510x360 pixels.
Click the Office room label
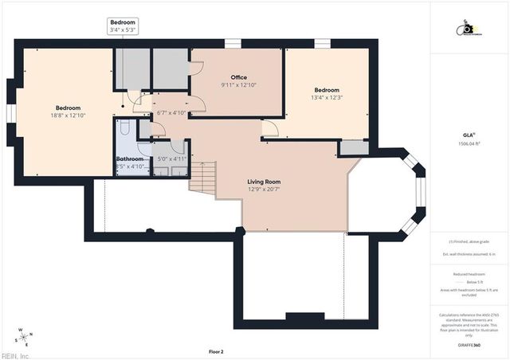coord(238,77)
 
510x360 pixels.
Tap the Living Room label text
coord(263,182)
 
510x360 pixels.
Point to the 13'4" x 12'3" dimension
coord(326,97)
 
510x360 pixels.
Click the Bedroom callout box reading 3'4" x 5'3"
coord(123,26)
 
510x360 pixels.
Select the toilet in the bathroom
coord(124,128)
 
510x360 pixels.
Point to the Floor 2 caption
coord(216,351)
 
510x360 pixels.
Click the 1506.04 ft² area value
coord(469,144)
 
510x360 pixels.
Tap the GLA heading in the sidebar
coord(469,136)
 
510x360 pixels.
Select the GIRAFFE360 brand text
coord(469,345)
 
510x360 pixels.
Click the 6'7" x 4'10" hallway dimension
coord(171,112)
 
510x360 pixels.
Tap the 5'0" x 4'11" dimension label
coord(171,158)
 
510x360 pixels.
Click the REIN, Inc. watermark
coord(15,355)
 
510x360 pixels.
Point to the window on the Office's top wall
coord(232,43)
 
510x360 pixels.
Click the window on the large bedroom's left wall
coord(11,114)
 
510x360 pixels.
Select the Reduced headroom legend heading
coord(469,273)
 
